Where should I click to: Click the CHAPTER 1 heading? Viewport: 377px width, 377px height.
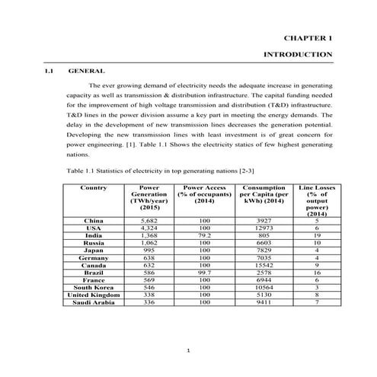[308, 37]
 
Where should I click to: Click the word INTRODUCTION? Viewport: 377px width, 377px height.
[298, 55]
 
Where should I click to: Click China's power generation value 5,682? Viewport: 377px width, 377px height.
[149, 220]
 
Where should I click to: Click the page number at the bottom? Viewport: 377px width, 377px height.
[189, 350]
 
